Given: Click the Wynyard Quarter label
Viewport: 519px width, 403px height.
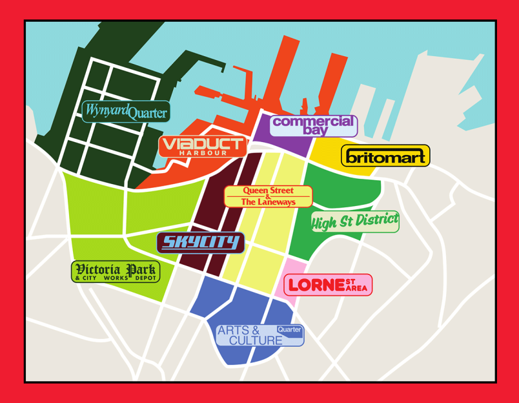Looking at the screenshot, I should coord(127,112).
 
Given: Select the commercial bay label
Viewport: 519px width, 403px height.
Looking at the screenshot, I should coord(313,125).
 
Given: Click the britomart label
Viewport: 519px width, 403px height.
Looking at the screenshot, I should coord(385,156).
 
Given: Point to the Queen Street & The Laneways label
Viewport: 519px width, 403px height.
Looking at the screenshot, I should coord(268,196).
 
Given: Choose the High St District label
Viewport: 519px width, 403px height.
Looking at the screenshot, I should coord(355,222).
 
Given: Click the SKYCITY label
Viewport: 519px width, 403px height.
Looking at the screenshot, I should coord(201,243).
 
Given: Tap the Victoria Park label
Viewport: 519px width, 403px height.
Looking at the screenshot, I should coord(115,271).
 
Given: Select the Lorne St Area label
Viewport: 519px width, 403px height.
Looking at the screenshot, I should coord(328,285).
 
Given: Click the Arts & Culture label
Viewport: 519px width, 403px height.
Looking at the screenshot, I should coord(258,335).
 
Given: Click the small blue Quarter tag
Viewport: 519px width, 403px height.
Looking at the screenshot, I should coord(289,329).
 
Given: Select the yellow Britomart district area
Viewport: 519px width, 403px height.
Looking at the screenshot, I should coord(326,152).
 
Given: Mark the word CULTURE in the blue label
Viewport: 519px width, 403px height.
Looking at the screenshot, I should coord(255,340).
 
